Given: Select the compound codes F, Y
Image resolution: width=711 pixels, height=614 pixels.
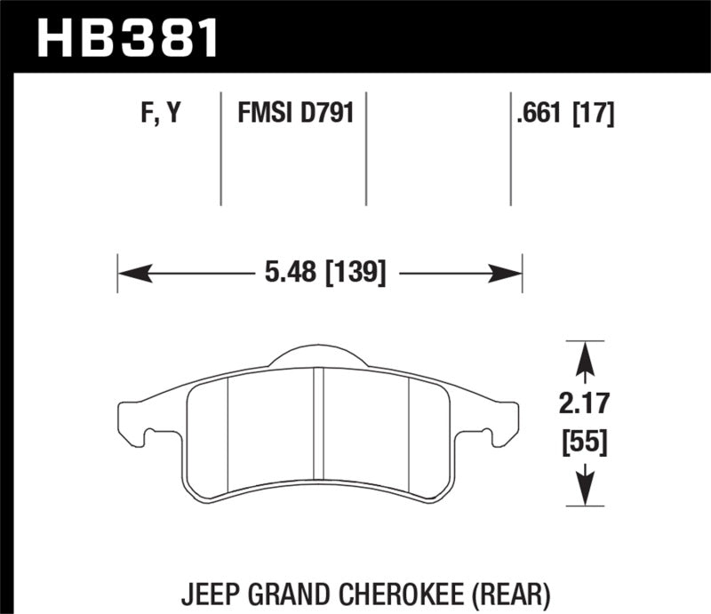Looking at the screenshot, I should click(159, 114).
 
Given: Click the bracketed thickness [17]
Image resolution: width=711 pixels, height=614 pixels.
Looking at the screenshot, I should click(594, 114).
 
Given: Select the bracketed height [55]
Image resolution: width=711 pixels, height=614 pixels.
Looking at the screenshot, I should click(584, 441).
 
